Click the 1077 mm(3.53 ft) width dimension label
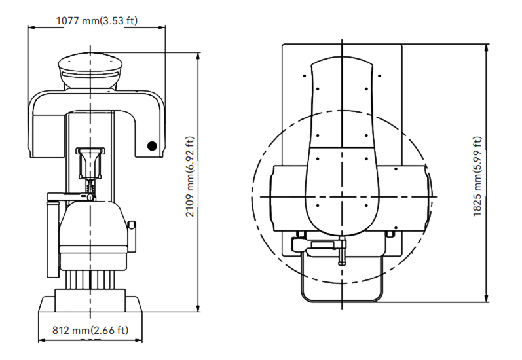pos(97,21)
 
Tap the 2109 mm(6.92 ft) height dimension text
pos(190,177)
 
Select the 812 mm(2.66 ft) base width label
pos(90,330)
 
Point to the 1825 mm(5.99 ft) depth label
pos(477,177)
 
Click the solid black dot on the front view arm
pos(152,146)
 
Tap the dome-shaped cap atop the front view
pos(90,71)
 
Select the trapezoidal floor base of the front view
pos(90,304)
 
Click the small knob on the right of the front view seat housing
pos(132,225)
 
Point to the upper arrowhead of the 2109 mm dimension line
pos(198,56)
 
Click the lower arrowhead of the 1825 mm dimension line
pos(487,298)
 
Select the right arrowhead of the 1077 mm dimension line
pos(162,27)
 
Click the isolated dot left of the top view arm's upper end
pos(305,76)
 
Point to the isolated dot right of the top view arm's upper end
pos(380,76)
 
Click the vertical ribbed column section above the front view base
pos(90,279)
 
